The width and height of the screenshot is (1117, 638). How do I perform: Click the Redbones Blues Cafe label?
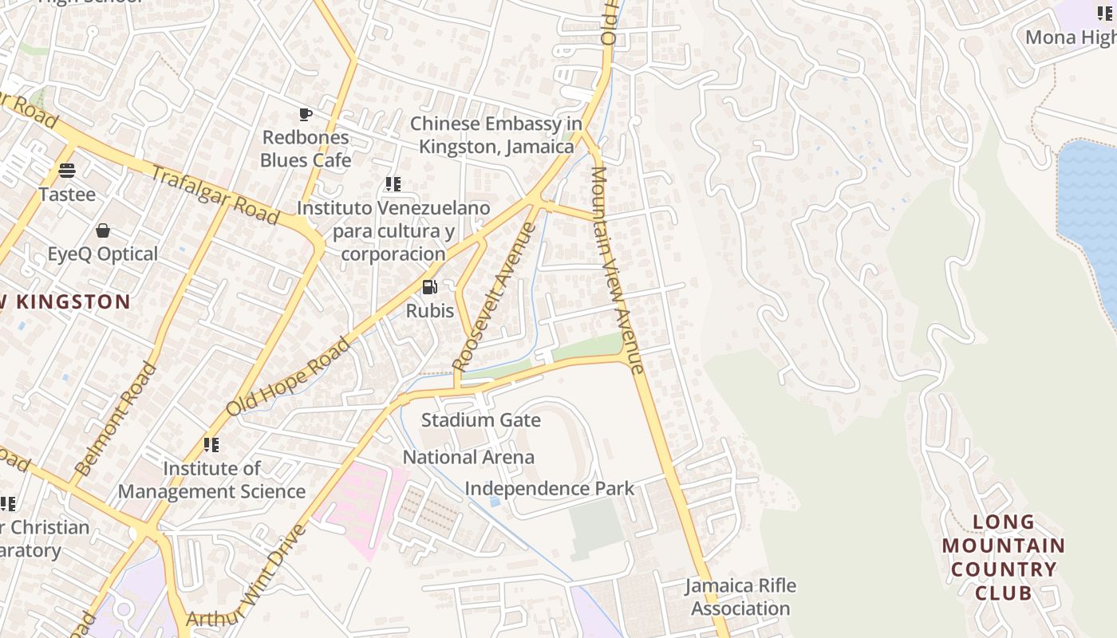tap(306, 148)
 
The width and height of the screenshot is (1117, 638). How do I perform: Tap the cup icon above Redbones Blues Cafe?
tap(306, 115)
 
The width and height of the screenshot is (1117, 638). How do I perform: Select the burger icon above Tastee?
tap(67, 171)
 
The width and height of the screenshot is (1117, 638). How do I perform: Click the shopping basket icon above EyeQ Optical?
tap(102, 231)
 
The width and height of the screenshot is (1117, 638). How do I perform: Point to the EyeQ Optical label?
tap(102, 254)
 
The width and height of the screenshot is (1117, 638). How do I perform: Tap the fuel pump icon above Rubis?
tap(429, 287)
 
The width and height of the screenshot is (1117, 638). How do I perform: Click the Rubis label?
tap(430, 311)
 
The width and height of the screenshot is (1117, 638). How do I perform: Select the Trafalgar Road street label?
tap(215, 196)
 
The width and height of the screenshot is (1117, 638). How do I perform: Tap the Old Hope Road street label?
tap(288, 376)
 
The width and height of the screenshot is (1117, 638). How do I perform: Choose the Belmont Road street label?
tap(116, 418)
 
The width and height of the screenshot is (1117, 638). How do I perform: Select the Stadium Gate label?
tap(480, 420)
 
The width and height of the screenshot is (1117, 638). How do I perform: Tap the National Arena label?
tap(468, 458)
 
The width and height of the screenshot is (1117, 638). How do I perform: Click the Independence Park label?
tap(549, 489)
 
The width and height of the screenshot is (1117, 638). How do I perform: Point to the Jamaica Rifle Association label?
tap(740, 597)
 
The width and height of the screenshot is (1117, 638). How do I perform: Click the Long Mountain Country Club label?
tap(1003, 557)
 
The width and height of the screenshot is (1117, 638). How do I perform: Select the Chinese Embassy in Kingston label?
tap(496, 136)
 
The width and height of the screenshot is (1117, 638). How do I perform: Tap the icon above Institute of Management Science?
tap(211, 444)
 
